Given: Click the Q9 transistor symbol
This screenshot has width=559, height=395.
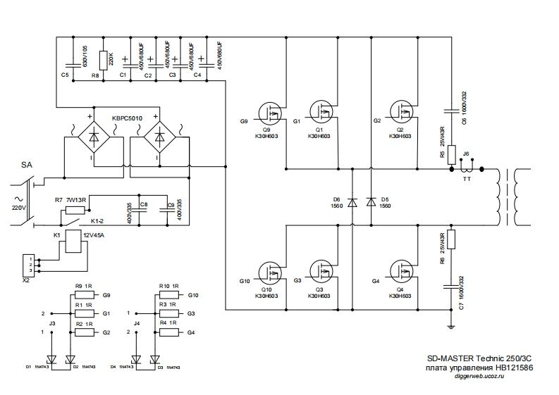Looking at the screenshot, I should [269, 112].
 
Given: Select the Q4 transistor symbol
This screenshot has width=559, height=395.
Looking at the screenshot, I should [402, 271].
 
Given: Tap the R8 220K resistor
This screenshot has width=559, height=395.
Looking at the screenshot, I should [103, 60].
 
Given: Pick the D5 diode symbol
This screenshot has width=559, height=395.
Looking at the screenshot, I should [371, 202].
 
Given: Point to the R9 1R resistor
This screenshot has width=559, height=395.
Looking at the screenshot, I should [84, 295].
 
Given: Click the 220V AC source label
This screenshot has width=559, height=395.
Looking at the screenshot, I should [19, 208].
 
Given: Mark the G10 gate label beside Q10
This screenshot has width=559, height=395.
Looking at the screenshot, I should [245, 281].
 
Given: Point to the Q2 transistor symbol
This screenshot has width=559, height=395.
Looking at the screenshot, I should [402, 112].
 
